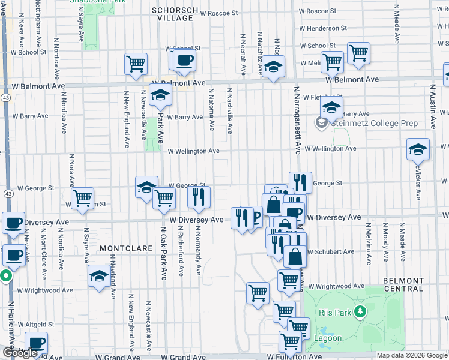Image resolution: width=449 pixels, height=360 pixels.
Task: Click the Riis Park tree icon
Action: [360, 311]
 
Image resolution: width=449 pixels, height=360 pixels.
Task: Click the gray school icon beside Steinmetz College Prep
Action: [322, 123]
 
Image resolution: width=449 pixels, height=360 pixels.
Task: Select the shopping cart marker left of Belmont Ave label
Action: [136, 64]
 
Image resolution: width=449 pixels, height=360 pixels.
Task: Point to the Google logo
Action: [20, 353]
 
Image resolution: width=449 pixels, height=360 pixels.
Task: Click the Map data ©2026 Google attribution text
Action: [411, 355]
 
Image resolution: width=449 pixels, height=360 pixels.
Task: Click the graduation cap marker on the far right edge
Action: [417, 150]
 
